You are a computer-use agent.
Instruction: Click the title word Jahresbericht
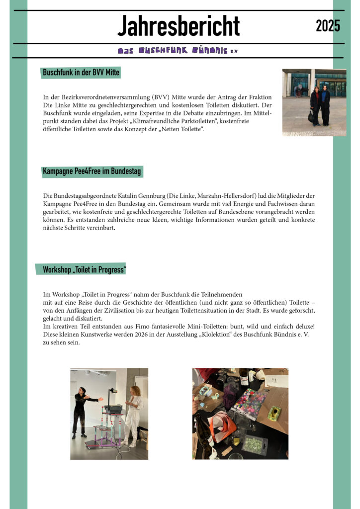179,26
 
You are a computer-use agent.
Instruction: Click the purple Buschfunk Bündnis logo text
178,51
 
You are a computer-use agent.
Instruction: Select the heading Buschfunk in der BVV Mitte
81,73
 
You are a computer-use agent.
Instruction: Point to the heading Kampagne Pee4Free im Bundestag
92,171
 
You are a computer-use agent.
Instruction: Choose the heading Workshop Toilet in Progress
84,269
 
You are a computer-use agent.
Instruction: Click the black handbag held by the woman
311,116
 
